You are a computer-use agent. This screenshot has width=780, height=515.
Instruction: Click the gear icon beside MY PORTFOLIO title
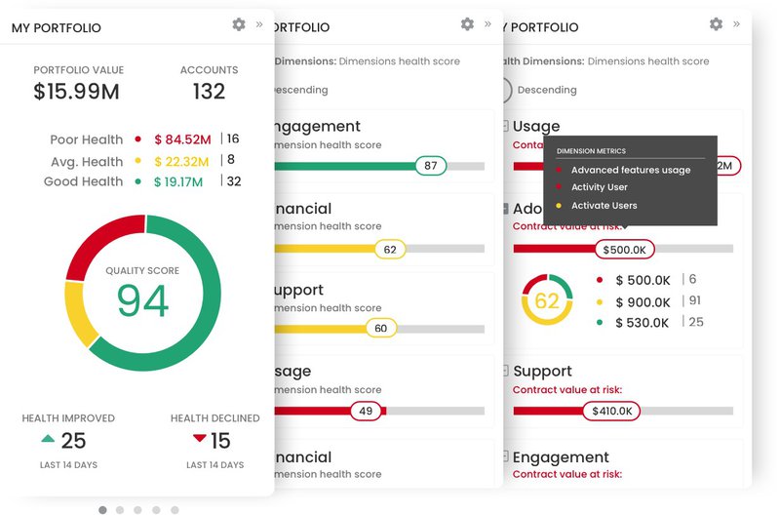[x=239, y=24]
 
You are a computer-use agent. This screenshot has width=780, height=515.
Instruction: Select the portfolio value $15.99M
[x=78, y=92]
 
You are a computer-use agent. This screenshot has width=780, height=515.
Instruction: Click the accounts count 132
[x=209, y=92]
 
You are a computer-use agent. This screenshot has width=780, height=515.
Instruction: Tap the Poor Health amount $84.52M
[x=182, y=139]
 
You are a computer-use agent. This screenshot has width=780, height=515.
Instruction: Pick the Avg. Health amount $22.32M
[x=181, y=161]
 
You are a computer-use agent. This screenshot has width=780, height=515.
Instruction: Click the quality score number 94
[x=142, y=301]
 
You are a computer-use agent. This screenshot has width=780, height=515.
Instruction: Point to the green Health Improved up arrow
[x=48, y=439]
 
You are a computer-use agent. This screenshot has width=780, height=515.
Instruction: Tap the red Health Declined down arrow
[x=199, y=439]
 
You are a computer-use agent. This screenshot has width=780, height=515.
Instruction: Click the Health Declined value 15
[x=220, y=441]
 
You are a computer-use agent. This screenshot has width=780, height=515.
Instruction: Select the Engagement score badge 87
[x=430, y=166]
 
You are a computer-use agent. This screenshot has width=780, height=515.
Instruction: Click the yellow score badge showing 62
[x=390, y=250]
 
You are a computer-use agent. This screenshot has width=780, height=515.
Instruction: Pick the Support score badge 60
[x=381, y=329]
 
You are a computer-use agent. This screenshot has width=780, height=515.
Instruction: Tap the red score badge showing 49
[x=366, y=411]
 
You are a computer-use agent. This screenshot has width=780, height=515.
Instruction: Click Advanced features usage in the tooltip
[x=631, y=170]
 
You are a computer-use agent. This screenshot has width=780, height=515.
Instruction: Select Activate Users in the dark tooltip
[x=604, y=206]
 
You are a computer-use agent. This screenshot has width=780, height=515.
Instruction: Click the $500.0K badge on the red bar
[x=624, y=249]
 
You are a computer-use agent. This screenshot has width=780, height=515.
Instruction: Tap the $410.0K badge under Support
[x=611, y=411]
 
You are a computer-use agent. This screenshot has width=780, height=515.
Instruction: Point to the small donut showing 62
[x=547, y=300]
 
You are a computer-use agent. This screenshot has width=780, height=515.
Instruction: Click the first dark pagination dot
[x=103, y=509]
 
